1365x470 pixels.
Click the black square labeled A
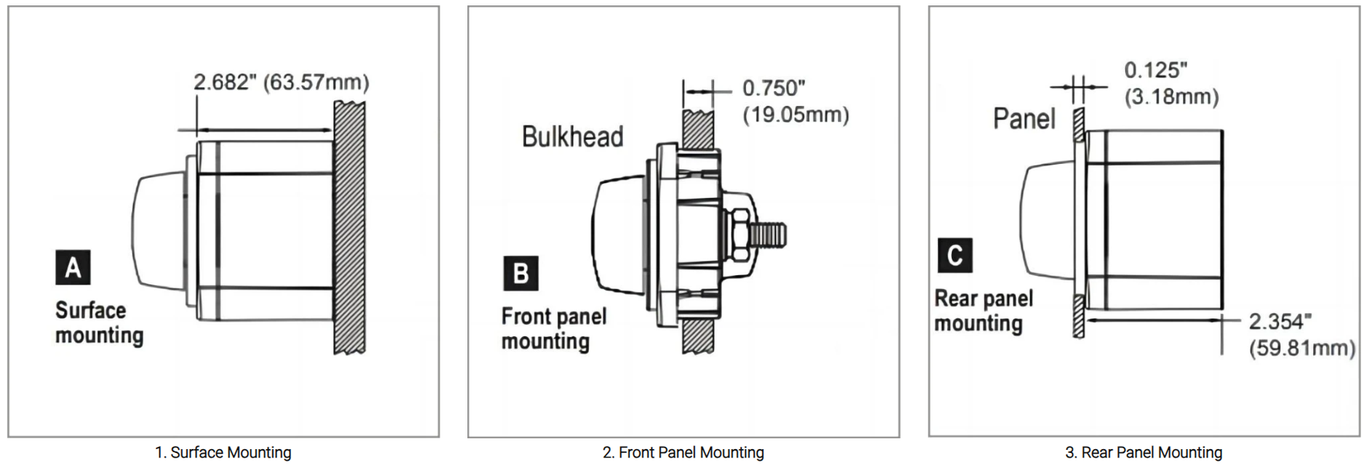73,267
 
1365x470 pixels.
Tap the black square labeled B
521,274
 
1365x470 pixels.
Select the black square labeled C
955,255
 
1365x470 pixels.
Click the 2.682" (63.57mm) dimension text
281,82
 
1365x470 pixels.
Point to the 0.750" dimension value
773,88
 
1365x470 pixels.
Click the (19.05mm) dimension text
795,114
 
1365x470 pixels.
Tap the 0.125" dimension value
1155,70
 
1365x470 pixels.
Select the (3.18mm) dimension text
1171,97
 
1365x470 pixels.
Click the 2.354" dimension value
1280,322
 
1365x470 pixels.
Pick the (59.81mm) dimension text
1302,348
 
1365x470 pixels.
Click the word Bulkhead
573,137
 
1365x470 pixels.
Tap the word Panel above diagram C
1024,119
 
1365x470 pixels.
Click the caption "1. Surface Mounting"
223,452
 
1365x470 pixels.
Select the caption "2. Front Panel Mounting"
683,452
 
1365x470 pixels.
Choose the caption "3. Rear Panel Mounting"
1144,452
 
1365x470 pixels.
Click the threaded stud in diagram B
770,232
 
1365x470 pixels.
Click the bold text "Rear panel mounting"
983,310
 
